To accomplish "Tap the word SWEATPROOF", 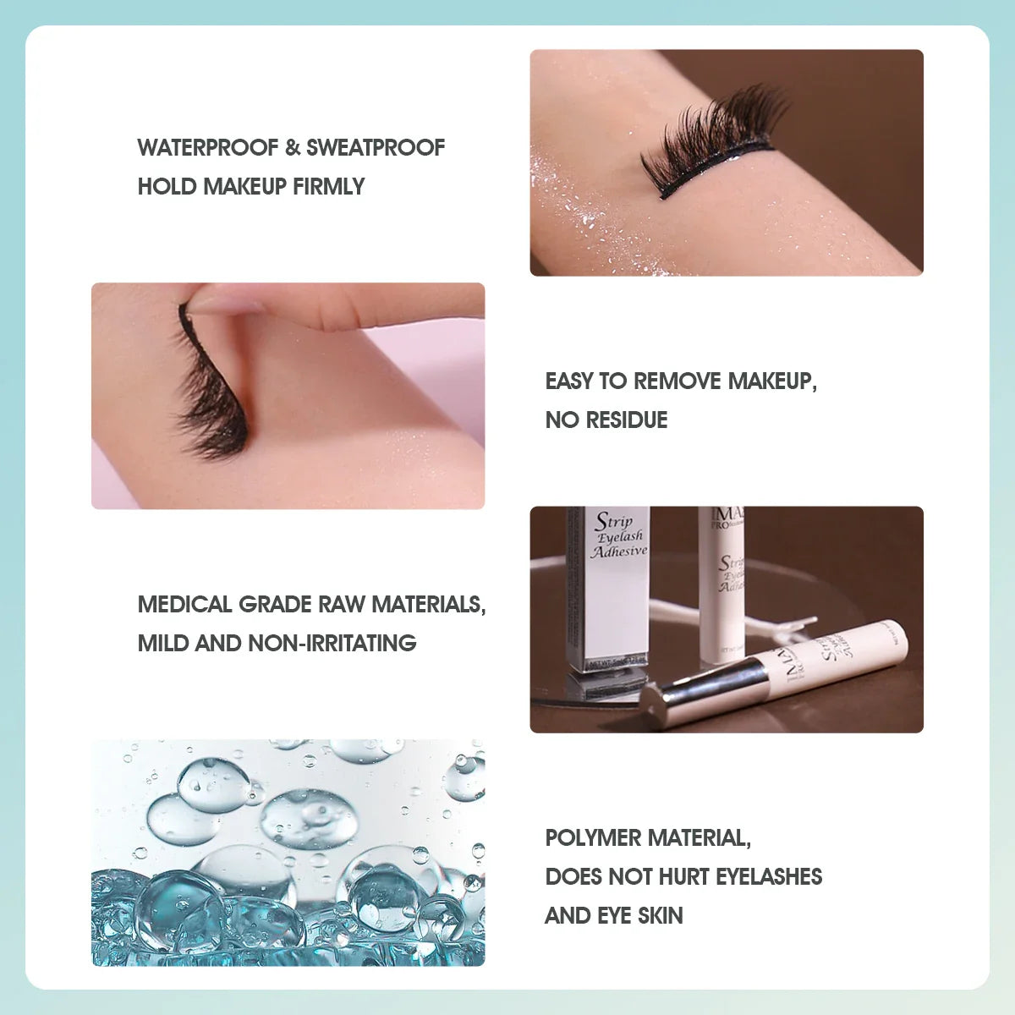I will pyautogui.click(x=375, y=147).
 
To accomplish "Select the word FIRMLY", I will pyautogui.click(x=328, y=186).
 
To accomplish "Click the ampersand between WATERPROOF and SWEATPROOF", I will pyautogui.click(x=293, y=147).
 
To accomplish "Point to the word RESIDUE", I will pyautogui.click(x=627, y=420).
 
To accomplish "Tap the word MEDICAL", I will pyautogui.click(x=184, y=604).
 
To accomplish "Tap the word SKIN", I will pyautogui.click(x=661, y=915).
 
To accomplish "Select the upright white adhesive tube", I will pyautogui.click(x=721, y=584).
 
